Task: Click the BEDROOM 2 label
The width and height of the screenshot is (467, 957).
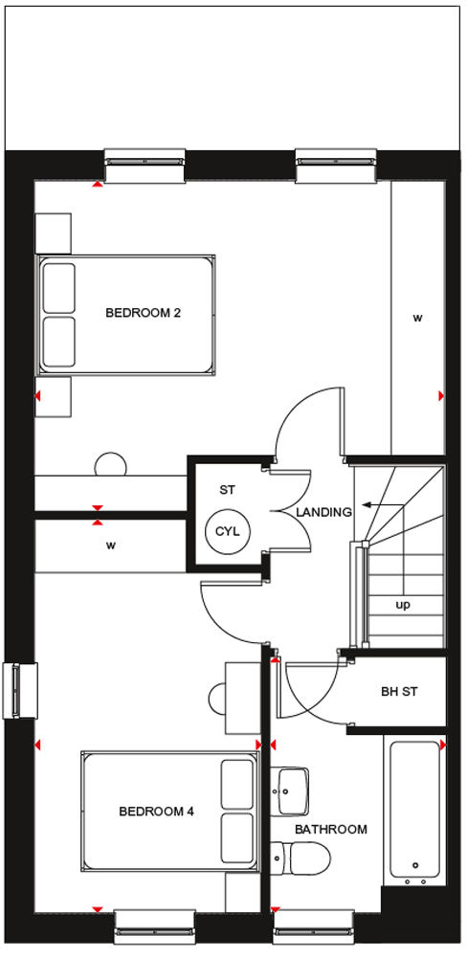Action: coord(144,313)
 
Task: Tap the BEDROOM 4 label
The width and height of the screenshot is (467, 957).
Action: coord(156,812)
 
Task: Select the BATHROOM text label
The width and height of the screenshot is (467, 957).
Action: coord(331,830)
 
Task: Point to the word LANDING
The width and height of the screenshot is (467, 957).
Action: coord(324,513)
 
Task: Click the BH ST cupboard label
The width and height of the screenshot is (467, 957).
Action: coord(399,692)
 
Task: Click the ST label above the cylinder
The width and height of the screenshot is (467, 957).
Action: coord(227,489)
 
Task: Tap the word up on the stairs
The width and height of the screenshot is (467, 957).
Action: coord(403,606)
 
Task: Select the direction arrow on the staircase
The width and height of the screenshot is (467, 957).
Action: coord(383,505)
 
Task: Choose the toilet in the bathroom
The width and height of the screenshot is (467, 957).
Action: coord(300,857)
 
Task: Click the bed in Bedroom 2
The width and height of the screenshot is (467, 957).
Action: coord(125,314)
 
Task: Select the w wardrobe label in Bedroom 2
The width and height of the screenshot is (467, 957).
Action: coord(417,318)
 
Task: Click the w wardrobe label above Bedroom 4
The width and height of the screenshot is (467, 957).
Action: coord(110,545)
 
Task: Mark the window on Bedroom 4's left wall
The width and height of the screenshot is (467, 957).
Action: coord(20,691)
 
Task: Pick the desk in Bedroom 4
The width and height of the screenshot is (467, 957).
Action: coord(242,698)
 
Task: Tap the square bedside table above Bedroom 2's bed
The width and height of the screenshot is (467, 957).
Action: coord(53,234)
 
